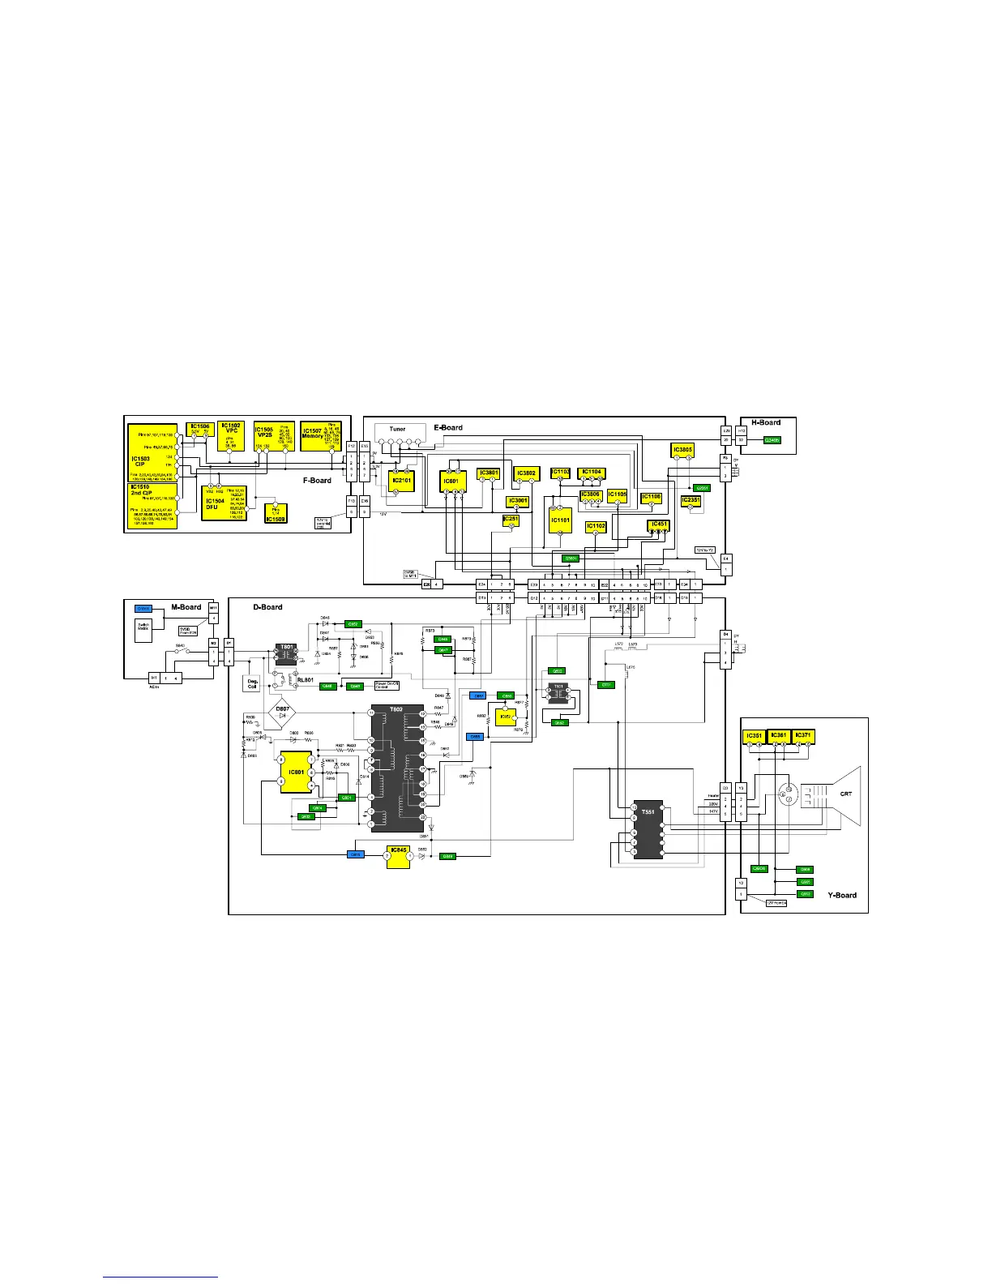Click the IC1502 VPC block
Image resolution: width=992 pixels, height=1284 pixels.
click(x=232, y=435)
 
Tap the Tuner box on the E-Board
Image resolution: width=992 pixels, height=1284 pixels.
click(x=397, y=429)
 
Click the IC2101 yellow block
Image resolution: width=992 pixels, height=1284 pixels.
click(x=401, y=481)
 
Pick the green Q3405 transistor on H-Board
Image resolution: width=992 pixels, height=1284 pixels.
click(x=772, y=440)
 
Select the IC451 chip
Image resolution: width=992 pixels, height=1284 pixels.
click(x=659, y=525)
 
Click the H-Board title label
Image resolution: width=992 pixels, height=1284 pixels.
click(x=766, y=422)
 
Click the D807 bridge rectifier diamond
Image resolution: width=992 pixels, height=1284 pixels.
click(x=282, y=711)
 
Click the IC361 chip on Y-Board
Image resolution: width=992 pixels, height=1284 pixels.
click(x=779, y=735)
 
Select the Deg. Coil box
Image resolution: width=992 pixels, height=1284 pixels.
click(x=253, y=684)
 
